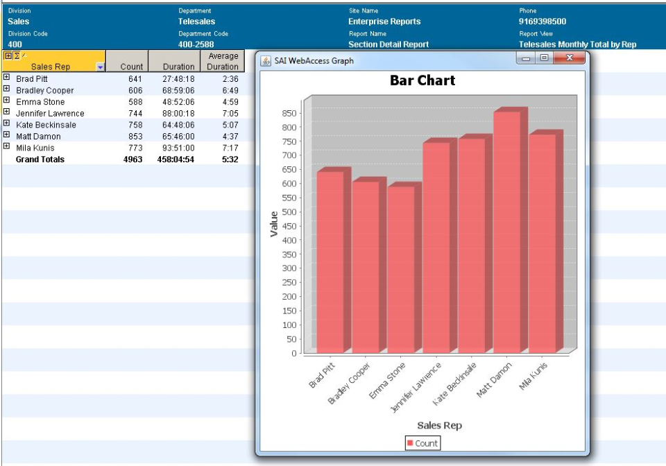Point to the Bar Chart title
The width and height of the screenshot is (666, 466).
(422, 80)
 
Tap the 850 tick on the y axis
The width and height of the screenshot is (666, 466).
(289, 113)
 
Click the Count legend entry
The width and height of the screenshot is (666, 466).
(422, 443)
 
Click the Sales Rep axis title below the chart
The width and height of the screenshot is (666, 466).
(439, 425)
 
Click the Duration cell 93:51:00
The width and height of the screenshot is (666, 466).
(178, 148)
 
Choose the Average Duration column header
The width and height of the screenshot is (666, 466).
(223, 61)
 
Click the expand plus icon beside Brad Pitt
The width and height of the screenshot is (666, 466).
(6, 78)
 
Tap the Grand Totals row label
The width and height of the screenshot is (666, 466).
(40, 159)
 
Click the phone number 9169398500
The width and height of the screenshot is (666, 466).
(543, 21)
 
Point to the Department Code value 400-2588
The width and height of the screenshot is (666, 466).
(196, 44)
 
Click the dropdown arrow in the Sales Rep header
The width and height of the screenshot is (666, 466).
(100, 67)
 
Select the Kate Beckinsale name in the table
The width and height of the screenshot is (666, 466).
(46, 125)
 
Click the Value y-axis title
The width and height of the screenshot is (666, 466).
(274, 224)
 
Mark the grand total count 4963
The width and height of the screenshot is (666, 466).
(133, 159)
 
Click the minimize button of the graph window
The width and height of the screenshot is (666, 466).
(527, 58)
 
